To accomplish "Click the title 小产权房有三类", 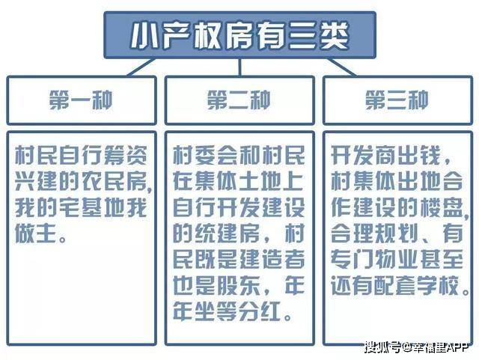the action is [240, 36].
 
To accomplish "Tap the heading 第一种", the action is [81, 100].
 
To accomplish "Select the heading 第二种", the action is [239, 100].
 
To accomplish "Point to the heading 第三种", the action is [397, 100].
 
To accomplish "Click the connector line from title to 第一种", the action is [141, 67].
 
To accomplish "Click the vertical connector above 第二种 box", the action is [240, 67].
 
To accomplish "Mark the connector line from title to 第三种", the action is [341, 67].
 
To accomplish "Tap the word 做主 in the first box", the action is [37, 234].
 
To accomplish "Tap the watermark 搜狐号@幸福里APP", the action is [416, 347].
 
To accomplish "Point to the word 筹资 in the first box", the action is [125, 155].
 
